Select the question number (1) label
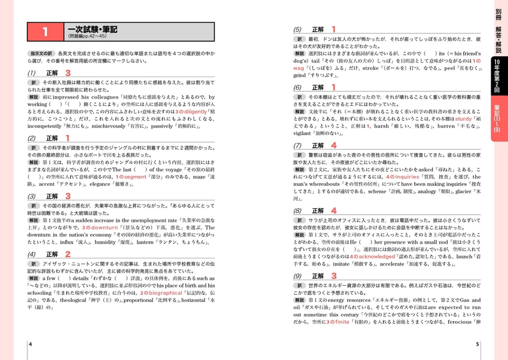tap(32, 72)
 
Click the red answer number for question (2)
tap(68, 138)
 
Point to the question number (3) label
tap(32, 196)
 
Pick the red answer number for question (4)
tap(68, 253)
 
